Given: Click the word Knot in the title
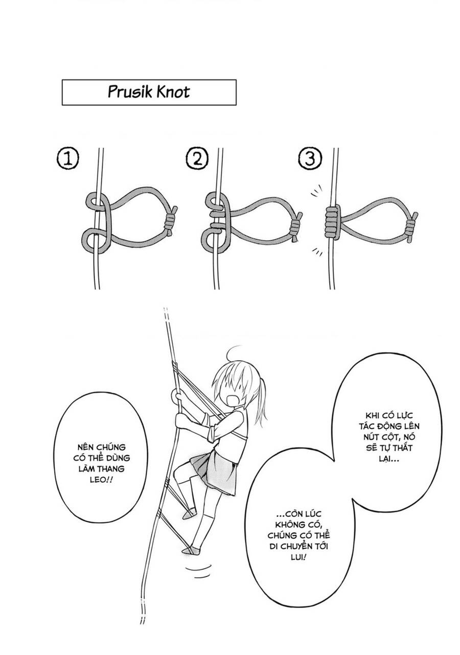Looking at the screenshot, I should [172, 92].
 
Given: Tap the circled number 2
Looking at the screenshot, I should [195, 159].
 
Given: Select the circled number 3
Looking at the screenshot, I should [309, 159].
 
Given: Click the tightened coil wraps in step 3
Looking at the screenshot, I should [332, 222].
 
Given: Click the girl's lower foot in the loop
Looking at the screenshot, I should [190, 550].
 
